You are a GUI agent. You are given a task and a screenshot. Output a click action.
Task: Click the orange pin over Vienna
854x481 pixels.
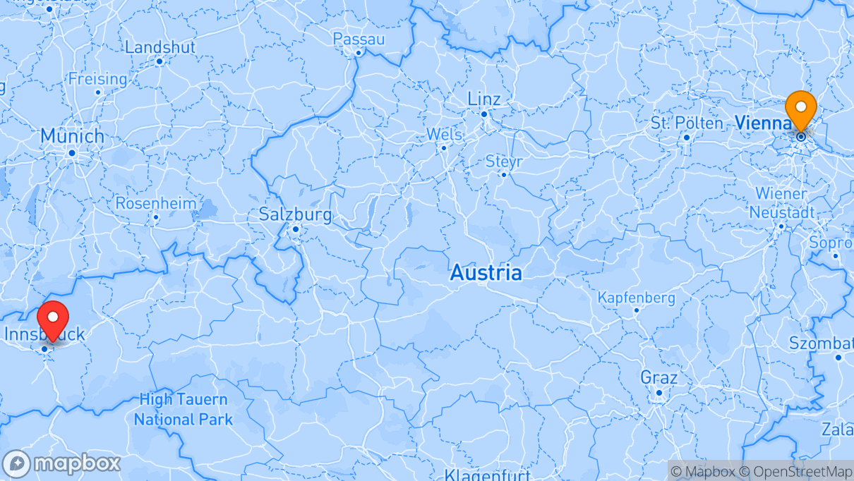[801, 109]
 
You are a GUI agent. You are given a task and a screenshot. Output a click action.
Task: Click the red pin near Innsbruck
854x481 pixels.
[52, 319]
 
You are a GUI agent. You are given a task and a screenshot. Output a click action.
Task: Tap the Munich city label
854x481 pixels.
[72, 135]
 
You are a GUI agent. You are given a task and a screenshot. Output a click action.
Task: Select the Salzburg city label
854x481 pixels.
[296, 214]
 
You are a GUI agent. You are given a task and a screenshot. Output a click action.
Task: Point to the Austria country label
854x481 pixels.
[486, 272]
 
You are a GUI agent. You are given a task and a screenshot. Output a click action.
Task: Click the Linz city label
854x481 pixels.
[484, 99]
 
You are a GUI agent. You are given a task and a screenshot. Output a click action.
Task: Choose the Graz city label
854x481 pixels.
[658, 377]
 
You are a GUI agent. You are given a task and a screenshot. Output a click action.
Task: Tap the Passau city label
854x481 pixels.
[359, 39]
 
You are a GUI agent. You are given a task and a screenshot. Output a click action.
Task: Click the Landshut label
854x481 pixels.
[160, 47]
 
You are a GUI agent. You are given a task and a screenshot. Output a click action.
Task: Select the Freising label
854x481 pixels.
[98, 79]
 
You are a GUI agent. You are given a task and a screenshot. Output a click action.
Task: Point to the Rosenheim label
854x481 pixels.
[156, 203]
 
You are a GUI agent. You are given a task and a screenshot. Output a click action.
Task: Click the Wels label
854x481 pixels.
[444, 134]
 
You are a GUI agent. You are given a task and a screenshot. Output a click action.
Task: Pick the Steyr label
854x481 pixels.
[504, 162]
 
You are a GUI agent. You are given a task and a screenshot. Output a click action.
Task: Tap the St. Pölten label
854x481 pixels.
[687, 123]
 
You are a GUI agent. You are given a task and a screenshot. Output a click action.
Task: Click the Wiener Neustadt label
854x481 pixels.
[781, 202]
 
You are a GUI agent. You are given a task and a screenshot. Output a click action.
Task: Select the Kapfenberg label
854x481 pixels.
[636, 298]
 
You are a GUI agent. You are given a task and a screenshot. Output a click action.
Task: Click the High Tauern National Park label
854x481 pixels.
[184, 410]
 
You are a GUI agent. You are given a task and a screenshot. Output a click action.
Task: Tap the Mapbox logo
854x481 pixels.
[61, 463]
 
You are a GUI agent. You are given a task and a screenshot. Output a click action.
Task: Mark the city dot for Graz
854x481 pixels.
[658, 393]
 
